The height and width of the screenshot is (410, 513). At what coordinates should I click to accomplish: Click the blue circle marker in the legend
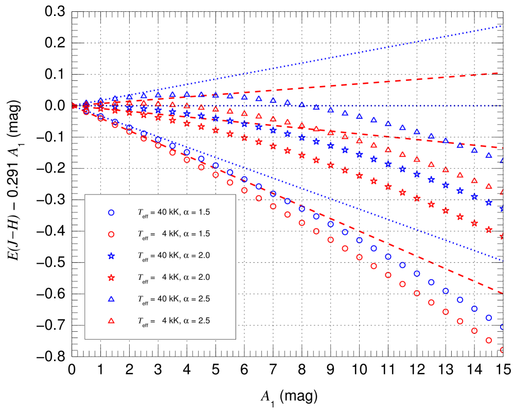click(111, 212)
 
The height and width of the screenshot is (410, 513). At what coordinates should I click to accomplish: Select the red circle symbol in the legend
click(111, 234)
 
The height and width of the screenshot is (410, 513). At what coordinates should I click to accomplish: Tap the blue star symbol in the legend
click(111, 256)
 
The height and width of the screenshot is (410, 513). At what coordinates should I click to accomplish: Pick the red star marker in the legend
click(111, 277)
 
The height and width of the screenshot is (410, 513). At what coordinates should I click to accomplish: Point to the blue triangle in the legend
click(111, 299)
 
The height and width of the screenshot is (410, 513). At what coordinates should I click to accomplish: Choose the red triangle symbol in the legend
click(111, 320)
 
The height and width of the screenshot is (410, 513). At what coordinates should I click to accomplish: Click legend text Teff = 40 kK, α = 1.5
click(173, 212)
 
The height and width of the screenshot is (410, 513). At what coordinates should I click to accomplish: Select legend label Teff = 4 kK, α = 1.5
click(173, 234)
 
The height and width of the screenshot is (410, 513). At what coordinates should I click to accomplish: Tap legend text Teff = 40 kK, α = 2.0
click(173, 256)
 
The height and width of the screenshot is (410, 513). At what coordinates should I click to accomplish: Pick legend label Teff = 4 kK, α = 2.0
click(173, 277)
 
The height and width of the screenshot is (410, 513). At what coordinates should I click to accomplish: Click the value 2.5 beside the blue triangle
click(204, 299)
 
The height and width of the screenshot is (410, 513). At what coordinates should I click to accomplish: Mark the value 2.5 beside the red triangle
click(204, 320)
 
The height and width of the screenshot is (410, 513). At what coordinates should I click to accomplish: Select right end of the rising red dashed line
click(502, 73)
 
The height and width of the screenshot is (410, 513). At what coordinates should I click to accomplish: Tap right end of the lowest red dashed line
click(502, 293)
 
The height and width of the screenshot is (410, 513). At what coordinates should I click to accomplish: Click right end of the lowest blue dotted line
click(502, 261)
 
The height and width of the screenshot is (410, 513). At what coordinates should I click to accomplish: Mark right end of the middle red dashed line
click(502, 148)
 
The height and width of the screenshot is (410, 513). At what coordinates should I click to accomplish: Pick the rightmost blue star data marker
click(502, 209)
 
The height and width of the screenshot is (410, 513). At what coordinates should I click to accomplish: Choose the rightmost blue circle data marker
click(502, 327)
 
